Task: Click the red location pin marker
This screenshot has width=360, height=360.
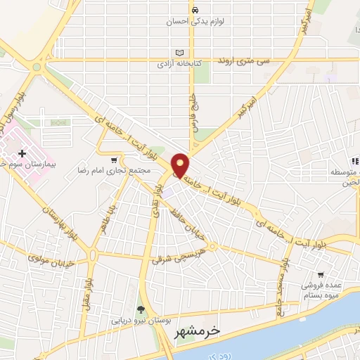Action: [x=181, y=165]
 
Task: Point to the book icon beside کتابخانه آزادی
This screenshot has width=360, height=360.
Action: [x=179, y=53]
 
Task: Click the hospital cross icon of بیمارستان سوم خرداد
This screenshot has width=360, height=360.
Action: [x=22, y=153]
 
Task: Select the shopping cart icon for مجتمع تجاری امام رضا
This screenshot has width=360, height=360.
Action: [x=115, y=161]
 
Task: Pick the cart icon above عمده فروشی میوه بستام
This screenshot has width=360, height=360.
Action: [x=320, y=274]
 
